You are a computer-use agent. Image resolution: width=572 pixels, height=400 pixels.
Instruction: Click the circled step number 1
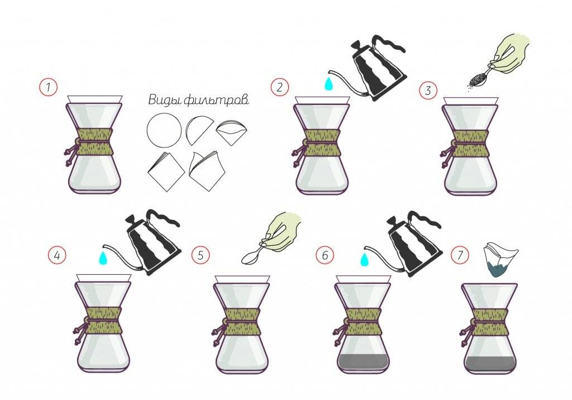click(x=49, y=87)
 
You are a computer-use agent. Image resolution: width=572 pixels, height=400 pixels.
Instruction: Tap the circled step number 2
click(x=280, y=87)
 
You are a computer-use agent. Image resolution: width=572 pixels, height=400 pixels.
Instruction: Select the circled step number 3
click(x=428, y=90)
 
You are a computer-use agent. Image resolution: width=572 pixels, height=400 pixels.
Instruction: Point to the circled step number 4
click(x=58, y=255)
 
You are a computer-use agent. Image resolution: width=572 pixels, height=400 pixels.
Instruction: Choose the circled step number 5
click(x=201, y=255)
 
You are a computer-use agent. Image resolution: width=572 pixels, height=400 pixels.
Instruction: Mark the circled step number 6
click(x=325, y=255)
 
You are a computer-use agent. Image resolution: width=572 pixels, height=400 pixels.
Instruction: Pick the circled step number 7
click(x=460, y=255)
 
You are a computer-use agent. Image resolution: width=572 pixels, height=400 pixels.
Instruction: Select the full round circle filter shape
click(x=164, y=130)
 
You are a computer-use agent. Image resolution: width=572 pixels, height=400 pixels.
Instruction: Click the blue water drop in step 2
click(x=329, y=84)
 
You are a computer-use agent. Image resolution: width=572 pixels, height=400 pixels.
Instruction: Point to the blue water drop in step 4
click(x=103, y=256)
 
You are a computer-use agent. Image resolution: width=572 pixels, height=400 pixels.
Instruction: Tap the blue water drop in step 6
click(x=364, y=259)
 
